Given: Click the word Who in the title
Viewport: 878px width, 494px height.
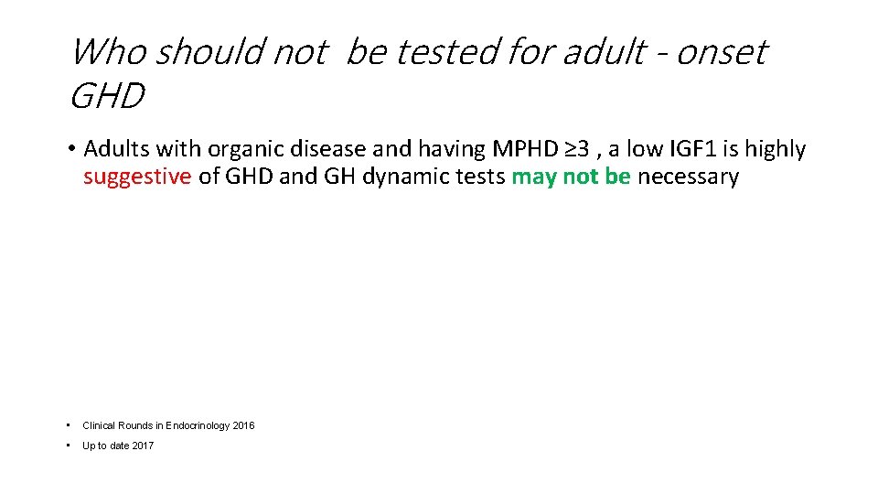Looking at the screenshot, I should point(108,53).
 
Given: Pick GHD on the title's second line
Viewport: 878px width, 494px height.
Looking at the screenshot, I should point(107,96).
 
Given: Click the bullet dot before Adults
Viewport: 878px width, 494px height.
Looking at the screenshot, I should point(71,148).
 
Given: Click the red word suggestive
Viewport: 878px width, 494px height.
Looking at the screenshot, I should point(137,177).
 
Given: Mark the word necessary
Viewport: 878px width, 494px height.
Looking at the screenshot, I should point(688,177).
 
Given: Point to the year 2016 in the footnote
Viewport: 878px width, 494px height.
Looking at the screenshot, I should point(243,425).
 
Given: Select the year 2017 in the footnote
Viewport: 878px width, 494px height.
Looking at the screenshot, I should point(143,446).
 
